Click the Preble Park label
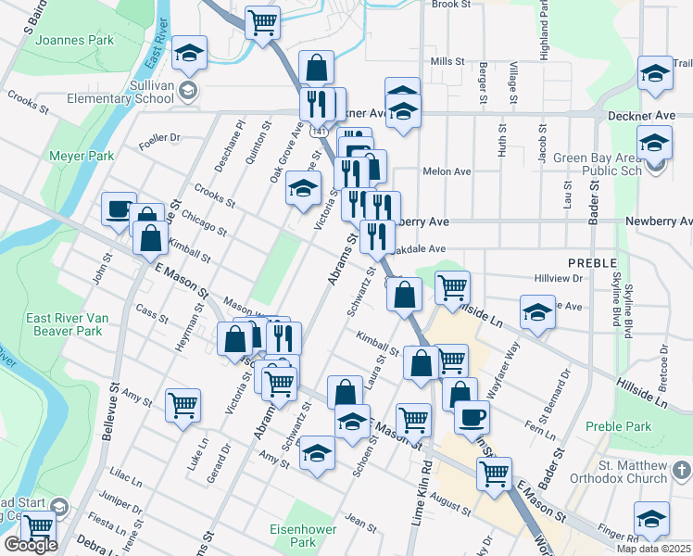click(618, 426)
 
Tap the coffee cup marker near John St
click(119, 208)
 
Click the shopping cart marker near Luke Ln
click(183, 404)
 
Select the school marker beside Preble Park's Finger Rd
click(651, 519)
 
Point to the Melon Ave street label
click(447, 171)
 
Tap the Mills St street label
click(447, 61)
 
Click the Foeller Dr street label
click(158, 139)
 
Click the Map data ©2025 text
click(653, 549)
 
